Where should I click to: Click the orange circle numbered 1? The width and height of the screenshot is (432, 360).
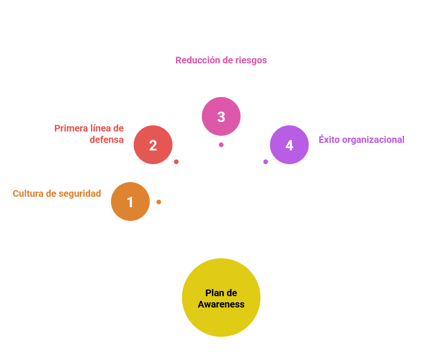pyautogui.click(x=130, y=202)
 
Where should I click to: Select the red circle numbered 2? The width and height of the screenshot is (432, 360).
pyautogui.click(x=153, y=145)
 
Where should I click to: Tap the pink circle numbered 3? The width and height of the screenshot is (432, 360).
pyautogui.click(x=221, y=117)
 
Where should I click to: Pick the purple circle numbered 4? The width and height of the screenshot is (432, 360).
pyautogui.click(x=289, y=145)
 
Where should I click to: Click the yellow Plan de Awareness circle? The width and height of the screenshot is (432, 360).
pyautogui.click(x=221, y=298)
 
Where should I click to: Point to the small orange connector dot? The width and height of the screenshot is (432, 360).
pyautogui.click(x=159, y=202)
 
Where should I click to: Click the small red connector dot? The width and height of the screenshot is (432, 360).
pyautogui.click(x=176, y=162)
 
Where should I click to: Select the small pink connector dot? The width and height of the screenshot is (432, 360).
pyautogui.click(x=221, y=145)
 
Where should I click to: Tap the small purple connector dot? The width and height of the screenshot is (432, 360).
pyautogui.click(x=265, y=162)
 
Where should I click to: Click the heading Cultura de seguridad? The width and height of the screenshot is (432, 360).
pyautogui.click(x=57, y=193)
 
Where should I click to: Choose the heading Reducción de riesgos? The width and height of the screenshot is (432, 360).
pyautogui.click(x=221, y=61)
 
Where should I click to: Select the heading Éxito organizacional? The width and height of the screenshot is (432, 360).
pyautogui.click(x=361, y=140)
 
